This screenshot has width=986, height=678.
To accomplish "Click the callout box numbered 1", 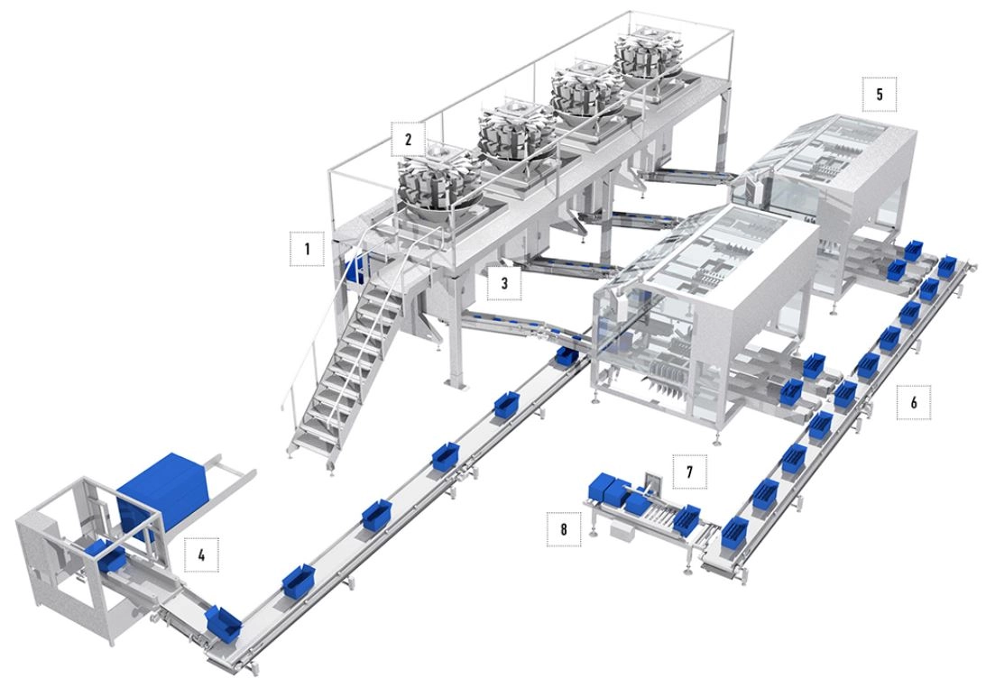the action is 307,248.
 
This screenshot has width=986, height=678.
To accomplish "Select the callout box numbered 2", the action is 408,139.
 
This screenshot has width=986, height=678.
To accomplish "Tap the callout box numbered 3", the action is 504,283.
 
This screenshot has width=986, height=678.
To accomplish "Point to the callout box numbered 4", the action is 201,554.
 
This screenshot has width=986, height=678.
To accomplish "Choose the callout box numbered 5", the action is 879,94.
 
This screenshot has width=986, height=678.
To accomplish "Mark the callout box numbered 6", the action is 914,401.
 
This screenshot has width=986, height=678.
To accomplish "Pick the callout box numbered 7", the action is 689,472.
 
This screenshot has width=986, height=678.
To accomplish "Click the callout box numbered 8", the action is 564,529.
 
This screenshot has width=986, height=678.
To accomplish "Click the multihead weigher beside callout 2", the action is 438,182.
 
